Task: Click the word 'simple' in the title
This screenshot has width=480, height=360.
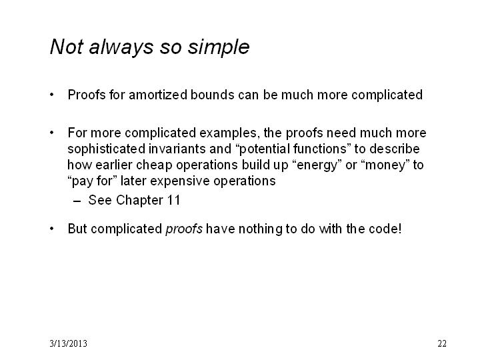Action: tap(218, 47)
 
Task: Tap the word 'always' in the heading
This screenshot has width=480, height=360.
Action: tap(121, 47)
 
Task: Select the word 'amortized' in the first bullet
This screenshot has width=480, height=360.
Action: tap(158, 95)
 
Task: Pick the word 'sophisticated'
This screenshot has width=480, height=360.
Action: tap(106, 149)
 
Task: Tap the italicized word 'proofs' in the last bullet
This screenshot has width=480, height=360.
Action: tap(184, 229)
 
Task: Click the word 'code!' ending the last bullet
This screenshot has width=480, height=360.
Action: tap(385, 229)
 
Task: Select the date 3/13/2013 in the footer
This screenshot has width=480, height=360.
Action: tap(68, 343)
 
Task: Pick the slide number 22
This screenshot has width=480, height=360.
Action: tap(442, 343)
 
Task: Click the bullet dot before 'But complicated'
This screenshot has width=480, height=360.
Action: tap(52, 229)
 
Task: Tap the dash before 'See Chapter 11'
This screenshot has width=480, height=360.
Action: tap(77, 201)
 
